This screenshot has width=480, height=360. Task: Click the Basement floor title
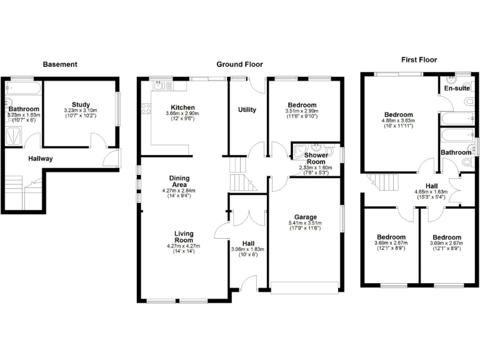[60, 64]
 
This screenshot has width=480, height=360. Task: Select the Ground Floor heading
[239, 64]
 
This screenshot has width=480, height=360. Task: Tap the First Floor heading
[419, 60]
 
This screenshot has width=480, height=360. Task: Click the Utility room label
[247, 110]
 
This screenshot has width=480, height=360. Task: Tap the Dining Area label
[179, 181]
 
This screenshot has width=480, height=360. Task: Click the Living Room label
[183, 237]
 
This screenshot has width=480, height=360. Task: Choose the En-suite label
[457, 89]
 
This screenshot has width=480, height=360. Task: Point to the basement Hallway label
[40, 159]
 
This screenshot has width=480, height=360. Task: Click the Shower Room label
[316, 159]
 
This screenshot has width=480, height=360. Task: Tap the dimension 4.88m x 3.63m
[398, 121]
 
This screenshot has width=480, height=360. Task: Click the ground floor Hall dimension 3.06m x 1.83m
[247, 249]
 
